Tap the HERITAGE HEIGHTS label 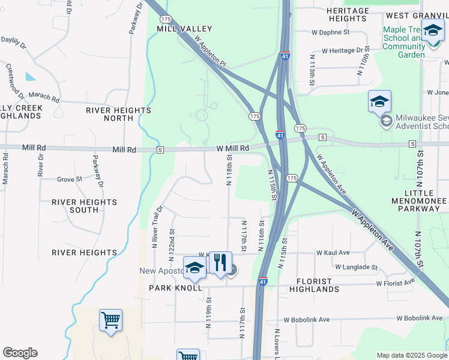348,15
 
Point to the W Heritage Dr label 346,51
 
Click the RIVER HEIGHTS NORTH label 118,114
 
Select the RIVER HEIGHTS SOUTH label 75,206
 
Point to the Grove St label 70,179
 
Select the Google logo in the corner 20,353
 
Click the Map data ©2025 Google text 411,355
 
